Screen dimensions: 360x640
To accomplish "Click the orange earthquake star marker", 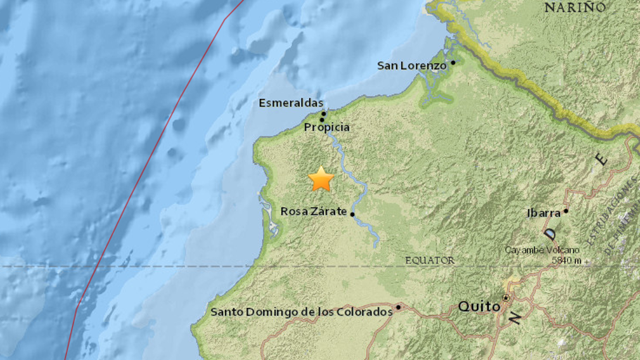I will coord(321,179).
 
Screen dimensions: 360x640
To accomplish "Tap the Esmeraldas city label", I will coord(291,103).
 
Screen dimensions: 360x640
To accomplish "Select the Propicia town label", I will coord(326,127).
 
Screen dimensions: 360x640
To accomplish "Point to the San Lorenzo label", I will coord(412,65).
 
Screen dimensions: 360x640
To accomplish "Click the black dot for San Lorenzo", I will coord(453,63).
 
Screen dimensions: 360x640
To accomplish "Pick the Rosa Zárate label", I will coord(314,212).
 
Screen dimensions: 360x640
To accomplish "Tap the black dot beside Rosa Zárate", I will coord(352,214).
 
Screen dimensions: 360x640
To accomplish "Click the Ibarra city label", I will coord(544,213).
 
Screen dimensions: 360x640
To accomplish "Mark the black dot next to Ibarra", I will coord(566,211).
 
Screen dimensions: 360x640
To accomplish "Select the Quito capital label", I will coord(478,307).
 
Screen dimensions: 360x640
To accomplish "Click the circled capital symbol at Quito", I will coord(506,297).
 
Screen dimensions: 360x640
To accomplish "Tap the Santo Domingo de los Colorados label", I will coord(302,312).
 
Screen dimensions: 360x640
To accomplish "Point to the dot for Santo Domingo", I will coord(399,307).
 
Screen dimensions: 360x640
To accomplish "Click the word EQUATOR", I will coord(430,260).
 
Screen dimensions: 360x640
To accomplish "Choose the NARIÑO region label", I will coord(575,8).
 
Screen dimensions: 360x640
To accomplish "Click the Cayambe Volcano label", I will coord(541,250).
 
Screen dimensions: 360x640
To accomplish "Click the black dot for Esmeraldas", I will coord(323,114).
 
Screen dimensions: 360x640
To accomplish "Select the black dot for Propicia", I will coord(322,120).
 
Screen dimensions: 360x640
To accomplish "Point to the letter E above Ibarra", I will coord(601,159).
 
